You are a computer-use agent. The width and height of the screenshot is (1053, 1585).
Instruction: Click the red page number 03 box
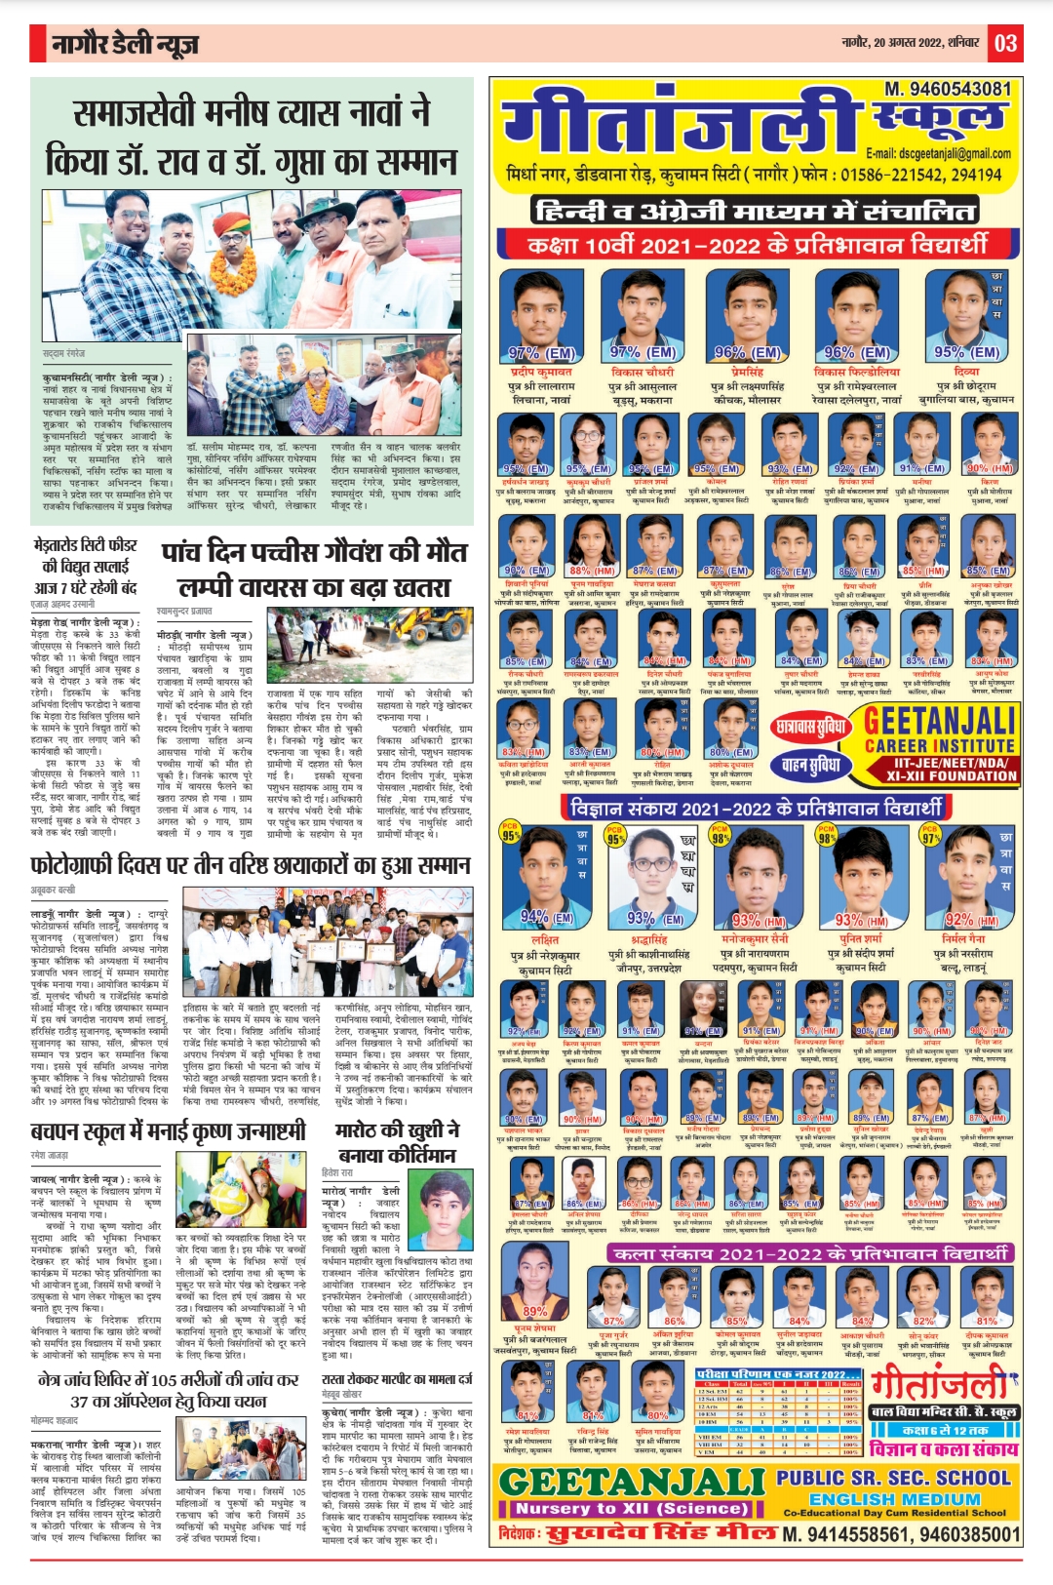click(1006, 43)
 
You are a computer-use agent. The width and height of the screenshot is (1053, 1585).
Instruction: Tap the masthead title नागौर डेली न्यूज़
click(126, 44)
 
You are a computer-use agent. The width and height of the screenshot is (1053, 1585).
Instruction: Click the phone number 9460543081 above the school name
click(948, 89)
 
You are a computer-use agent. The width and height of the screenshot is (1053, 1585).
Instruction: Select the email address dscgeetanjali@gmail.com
click(938, 153)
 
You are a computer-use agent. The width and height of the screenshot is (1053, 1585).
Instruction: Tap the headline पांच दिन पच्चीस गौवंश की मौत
click(314, 552)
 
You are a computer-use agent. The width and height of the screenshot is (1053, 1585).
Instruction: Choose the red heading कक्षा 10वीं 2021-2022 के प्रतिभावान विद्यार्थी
click(757, 244)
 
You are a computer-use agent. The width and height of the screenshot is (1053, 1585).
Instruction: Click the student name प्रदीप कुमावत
click(541, 372)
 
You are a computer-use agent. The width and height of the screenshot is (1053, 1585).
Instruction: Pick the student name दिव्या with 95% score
click(966, 372)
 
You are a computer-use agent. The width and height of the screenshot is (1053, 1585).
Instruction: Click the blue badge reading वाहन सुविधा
click(810, 766)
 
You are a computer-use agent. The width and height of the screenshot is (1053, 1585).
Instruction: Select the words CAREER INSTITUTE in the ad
click(939, 746)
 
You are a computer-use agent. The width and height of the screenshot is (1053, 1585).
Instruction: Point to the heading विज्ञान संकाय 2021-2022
click(757, 808)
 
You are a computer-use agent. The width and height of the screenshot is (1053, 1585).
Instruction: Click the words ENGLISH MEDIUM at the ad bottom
click(894, 1499)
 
